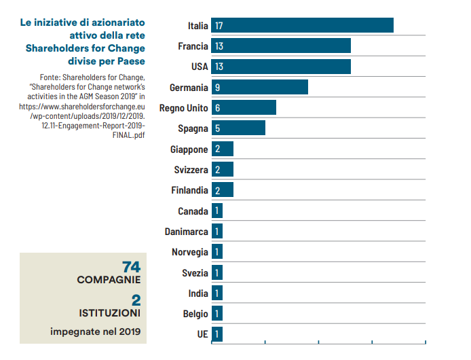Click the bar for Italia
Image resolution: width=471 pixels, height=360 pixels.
coord(302,25)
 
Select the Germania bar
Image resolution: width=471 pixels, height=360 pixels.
coord(259,87)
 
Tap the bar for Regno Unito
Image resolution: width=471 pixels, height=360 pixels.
coord(244,108)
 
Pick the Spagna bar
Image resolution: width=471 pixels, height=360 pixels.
coord(238,128)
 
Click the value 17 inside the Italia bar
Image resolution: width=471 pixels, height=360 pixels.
coord(219,26)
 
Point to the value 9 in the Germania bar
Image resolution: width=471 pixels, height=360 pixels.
coord(216,88)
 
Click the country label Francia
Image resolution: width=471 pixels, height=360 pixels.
coord(193,46)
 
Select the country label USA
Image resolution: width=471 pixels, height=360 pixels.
coord(199,67)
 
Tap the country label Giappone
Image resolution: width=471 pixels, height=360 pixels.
coord(189,149)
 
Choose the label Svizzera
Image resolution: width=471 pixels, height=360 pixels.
coord(190,170)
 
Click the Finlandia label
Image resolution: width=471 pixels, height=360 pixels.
coord(189,190)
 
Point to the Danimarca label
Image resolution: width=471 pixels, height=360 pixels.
coord(187,232)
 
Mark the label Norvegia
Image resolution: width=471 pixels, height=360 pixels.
coord(190,252)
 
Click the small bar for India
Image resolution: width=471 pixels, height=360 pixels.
coord(217,293)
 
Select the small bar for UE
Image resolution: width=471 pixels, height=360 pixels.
coord(217,334)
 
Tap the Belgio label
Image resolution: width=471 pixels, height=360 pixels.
coord(195,314)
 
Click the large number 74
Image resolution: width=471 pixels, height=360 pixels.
coord(131,266)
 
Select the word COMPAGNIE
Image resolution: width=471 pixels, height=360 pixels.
coord(109,279)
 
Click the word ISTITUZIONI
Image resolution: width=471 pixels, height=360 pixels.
coord(109,313)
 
